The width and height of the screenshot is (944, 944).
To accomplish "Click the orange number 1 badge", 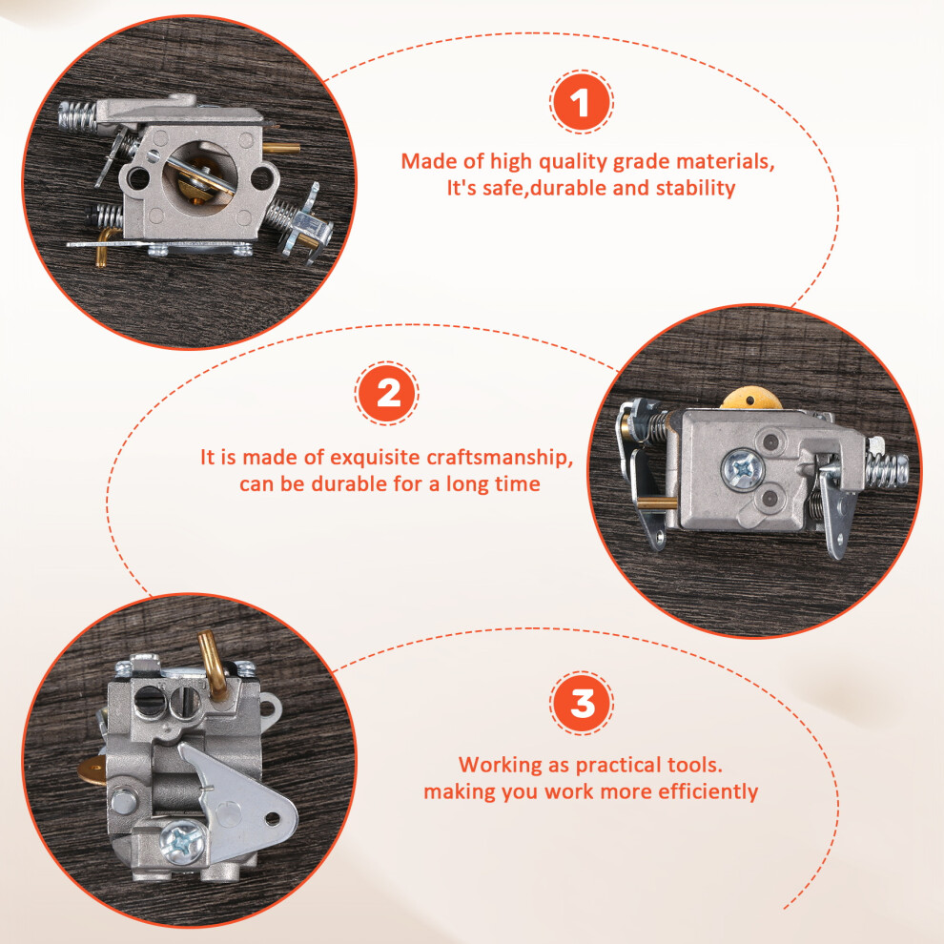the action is [x=581, y=102].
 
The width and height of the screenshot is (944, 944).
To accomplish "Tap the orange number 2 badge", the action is [x=387, y=393].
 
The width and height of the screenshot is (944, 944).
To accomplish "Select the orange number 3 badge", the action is [x=582, y=703].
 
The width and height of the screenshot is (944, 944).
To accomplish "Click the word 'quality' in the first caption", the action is [x=572, y=162].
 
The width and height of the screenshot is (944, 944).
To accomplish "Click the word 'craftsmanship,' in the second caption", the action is [x=499, y=458].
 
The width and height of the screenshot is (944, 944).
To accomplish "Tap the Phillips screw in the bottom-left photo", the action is [x=183, y=842].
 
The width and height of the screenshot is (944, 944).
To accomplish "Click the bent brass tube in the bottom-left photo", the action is [x=212, y=663].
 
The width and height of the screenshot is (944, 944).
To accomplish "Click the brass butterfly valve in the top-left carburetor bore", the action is [x=198, y=180].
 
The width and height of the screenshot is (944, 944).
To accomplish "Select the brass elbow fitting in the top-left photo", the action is [x=104, y=247].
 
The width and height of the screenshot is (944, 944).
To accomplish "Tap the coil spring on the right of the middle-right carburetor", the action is [x=886, y=469].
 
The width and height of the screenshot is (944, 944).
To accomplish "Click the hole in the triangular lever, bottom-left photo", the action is [x=272, y=818].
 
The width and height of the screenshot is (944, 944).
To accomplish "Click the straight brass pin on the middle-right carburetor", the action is [x=656, y=503].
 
